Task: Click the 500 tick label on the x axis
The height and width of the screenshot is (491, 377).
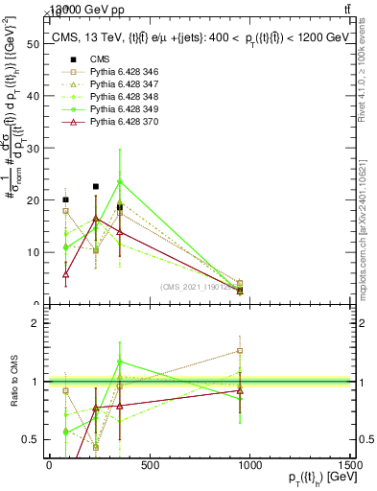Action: coord(149,465)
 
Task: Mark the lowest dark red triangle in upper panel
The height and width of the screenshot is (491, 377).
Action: coord(65,274)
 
